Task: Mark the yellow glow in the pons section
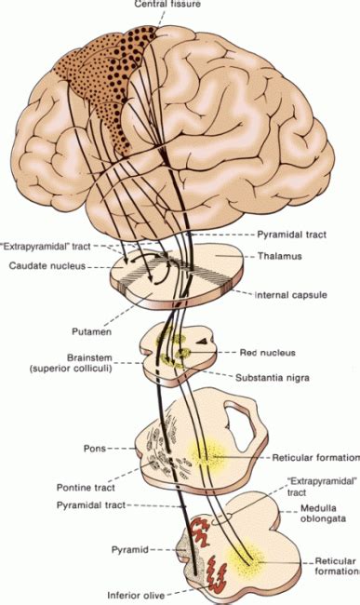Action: (206, 455)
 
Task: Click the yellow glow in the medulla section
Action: (247, 564)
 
